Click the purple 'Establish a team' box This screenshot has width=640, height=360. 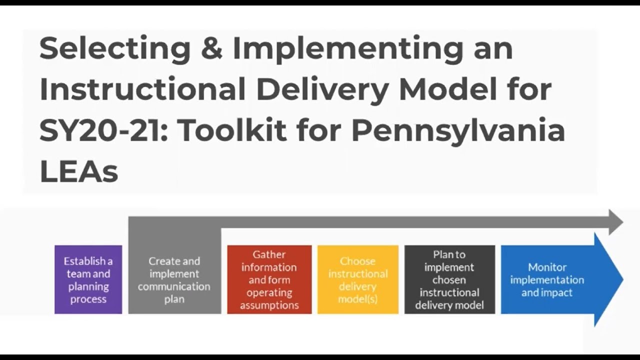(88, 279)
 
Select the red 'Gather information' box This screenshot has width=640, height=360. (269, 279)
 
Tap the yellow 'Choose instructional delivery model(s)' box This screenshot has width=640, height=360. (358, 279)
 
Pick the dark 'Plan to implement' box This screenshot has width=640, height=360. (449, 279)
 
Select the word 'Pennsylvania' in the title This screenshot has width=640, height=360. (458, 130)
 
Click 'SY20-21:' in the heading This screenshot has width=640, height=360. (102, 130)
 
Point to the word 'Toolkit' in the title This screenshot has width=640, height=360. (231, 130)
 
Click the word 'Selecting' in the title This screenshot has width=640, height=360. (114, 48)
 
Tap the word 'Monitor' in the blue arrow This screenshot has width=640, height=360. (547, 267)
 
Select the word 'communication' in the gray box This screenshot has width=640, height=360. (174, 286)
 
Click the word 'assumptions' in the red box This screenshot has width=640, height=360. (269, 305)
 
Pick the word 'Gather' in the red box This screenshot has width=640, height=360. (269, 254)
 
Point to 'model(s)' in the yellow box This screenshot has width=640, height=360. (358, 299)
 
